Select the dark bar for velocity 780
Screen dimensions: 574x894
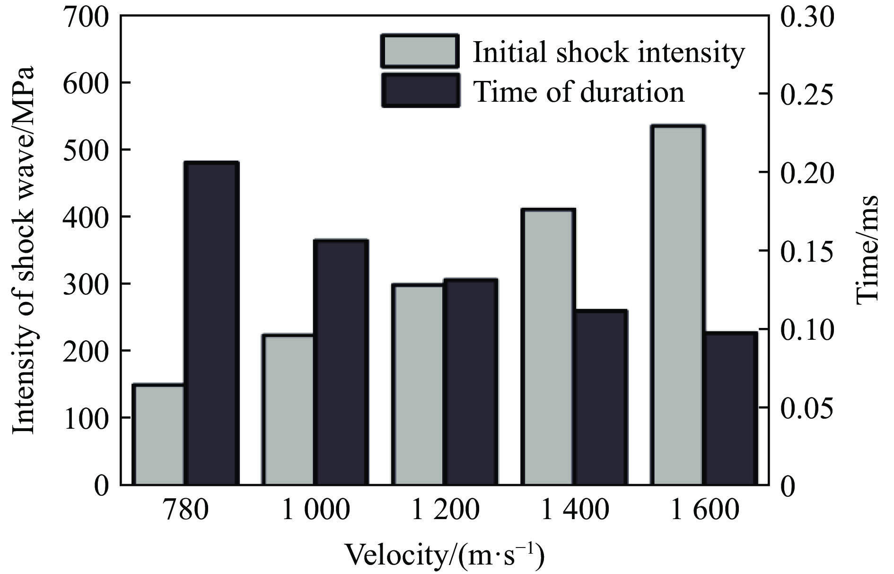[211, 323]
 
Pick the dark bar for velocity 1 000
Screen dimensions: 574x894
[341, 362]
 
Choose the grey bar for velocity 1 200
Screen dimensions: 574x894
[418, 384]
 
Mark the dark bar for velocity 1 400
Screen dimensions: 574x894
[600, 397]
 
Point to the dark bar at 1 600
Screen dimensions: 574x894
[730, 408]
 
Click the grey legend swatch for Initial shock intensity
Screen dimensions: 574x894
[419, 51]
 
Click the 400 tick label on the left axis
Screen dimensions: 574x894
[85, 217]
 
